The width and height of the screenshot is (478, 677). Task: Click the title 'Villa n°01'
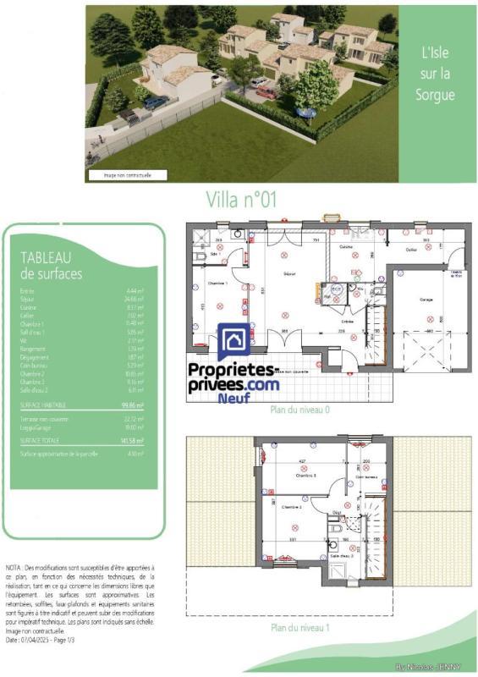(241, 199)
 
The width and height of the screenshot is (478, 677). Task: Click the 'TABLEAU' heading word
(46, 257)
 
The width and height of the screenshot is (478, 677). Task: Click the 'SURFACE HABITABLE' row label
(43, 405)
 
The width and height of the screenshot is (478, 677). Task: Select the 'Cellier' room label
(412, 249)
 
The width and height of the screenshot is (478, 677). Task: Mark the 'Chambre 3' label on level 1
(306, 476)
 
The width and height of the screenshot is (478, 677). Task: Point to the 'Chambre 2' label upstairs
(292, 506)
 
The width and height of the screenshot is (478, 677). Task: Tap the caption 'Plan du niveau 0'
(299, 410)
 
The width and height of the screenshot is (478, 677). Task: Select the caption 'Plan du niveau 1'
(299, 628)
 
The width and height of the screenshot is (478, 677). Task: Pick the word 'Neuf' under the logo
(234, 398)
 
